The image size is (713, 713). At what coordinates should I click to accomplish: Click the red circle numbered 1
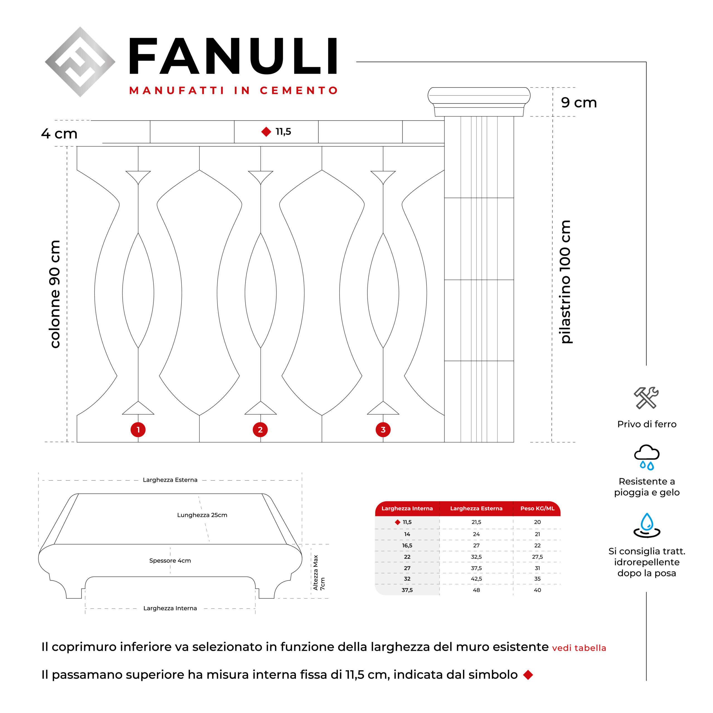click(x=138, y=429)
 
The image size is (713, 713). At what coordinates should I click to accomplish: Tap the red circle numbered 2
click(x=260, y=429)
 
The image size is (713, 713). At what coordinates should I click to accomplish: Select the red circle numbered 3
click(x=383, y=429)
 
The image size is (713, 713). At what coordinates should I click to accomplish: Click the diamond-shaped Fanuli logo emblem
click(x=80, y=62)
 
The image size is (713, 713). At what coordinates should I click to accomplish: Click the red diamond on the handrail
click(x=266, y=132)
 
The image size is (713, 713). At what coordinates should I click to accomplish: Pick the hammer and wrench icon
click(x=646, y=398)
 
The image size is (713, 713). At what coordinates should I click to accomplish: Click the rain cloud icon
click(x=646, y=457)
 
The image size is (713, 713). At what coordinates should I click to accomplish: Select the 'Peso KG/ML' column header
click(x=537, y=509)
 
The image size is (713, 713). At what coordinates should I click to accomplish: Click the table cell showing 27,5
click(x=537, y=557)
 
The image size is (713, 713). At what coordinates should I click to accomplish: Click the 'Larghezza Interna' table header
click(x=407, y=509)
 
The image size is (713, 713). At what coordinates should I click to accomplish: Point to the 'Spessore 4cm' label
click(x=170, y=561)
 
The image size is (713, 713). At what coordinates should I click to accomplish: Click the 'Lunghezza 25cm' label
click(x=202, y=515)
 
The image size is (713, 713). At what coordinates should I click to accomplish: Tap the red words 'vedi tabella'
click(x=579, y=648)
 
